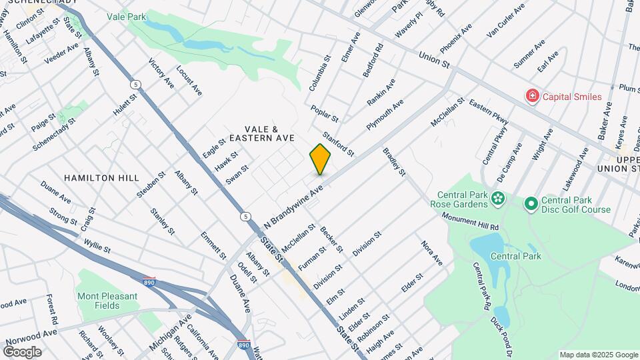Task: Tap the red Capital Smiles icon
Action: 532,97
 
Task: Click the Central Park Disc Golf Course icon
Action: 531,203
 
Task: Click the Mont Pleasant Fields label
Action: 107,301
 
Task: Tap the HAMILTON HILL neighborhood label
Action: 102,178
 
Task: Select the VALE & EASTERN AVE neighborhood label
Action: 261,133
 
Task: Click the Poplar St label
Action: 325,111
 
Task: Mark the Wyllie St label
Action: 97,243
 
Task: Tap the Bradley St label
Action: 393,162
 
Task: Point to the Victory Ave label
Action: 161,75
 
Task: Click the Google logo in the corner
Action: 22,351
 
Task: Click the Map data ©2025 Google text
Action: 598,355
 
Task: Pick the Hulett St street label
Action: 125,105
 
